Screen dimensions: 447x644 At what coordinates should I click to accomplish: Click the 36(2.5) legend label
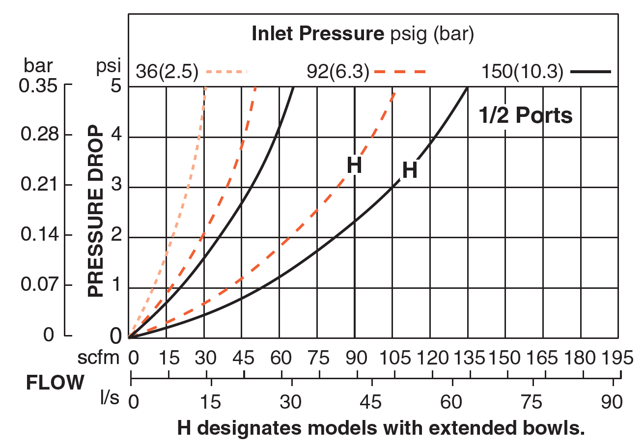[167, 72]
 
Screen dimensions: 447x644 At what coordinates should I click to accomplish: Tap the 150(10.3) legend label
[522, 72]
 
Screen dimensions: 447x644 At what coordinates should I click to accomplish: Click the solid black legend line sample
[591, 72]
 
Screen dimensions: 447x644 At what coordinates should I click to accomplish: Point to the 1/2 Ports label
[525, 115]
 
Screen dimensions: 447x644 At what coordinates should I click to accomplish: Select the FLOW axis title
[55, 383]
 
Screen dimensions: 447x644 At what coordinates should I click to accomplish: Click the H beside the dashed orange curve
[354, 166]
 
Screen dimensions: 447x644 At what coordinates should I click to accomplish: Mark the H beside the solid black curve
[410, 170]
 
